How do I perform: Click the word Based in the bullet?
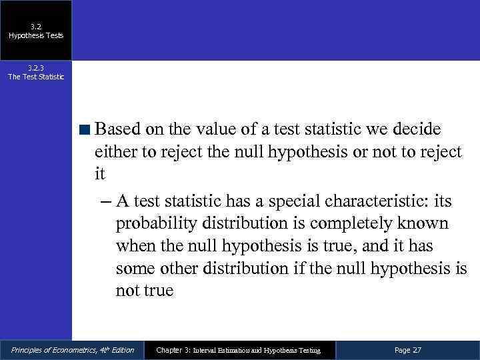click(x=119, y=128)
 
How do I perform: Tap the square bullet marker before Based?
click(x=86, y=129)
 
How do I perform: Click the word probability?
click(x=155, y=223)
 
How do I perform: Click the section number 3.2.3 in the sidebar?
click(x=36, y=68)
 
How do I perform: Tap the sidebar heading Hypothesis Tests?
click(x=36, y=35)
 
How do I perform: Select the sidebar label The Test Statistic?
click(x=36, y=77)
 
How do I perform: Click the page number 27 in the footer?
click(x=417, y=350)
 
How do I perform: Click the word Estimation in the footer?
click(x=243, y=351)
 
